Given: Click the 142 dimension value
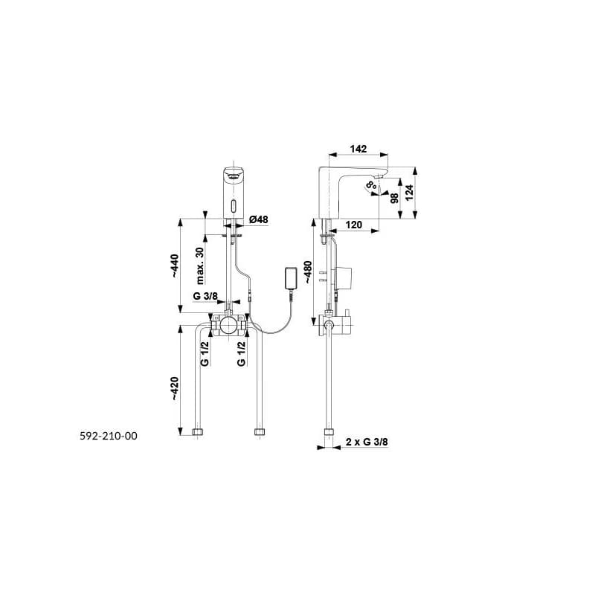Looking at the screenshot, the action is click(358, 149).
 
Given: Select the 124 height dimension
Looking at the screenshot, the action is click(409, 193).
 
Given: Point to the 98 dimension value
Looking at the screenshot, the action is click(395, 198).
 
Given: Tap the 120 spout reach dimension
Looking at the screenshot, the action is click(354, 225).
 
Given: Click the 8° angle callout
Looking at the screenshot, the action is click(371, 185).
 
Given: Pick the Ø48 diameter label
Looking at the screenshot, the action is click(258, 219).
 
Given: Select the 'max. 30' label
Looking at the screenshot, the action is click(200, 266).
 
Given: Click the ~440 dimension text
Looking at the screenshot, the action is click(174, 266).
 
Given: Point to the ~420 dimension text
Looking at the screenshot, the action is click(174, 388).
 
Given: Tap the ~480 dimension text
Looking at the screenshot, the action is click(307, 272).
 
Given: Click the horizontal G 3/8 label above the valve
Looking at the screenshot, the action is click(205, 296).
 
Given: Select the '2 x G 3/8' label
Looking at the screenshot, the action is click(367, 442).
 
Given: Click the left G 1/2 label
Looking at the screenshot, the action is click(205, 354).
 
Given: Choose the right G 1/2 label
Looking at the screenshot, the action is click(241, 354).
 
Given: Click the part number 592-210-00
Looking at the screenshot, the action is click(109, 436).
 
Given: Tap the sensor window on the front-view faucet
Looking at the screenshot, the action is click(233, 208).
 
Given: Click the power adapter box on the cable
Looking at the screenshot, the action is click(291, 278).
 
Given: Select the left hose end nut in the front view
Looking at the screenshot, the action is click(198, 431).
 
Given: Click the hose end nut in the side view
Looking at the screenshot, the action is click(329, 431).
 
